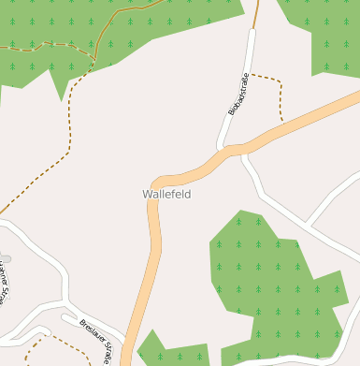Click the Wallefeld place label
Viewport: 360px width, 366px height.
(166, 194)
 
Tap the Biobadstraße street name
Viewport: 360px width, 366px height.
(239, 94)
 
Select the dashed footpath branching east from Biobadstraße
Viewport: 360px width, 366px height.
(271, 79)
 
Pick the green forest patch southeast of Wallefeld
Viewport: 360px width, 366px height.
(271, 281)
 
